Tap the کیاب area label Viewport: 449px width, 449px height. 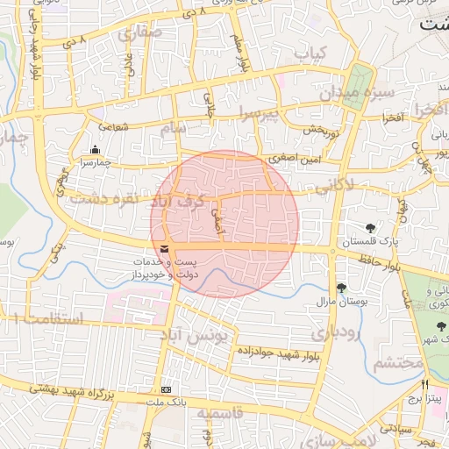(x=310, y=54)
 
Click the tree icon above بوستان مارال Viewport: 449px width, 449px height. (x=341, y=287)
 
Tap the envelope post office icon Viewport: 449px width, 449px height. (x=165, y=249)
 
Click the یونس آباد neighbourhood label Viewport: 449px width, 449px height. (x=201, y=334)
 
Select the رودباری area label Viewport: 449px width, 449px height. (x=335, y=333)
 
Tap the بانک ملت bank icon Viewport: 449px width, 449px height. (x=167, y=389)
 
